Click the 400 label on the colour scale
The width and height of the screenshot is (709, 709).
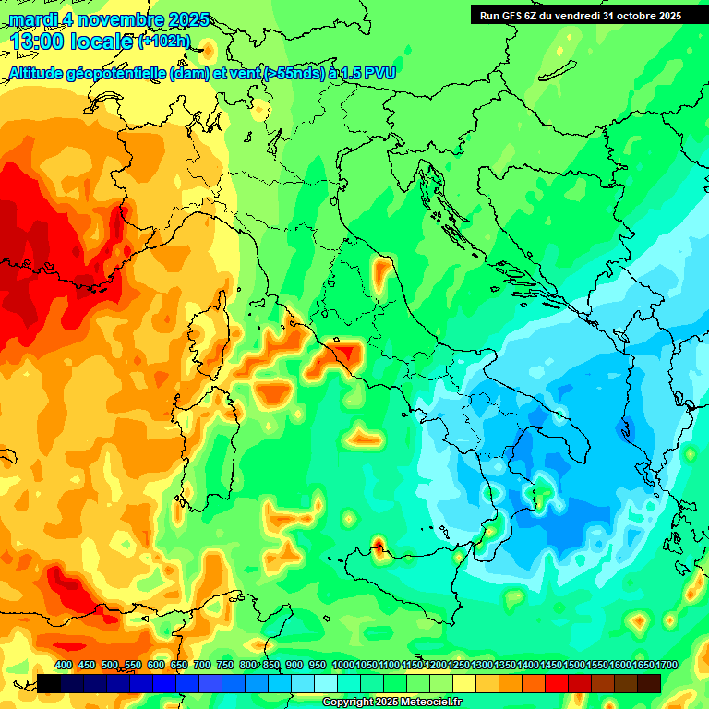point(64,665)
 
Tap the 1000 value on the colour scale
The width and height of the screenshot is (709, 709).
point(342,665)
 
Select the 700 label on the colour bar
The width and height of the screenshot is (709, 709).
point(202,665)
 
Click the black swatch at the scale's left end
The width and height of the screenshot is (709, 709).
point(49,683)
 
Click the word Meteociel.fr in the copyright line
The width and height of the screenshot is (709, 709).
point(430,703)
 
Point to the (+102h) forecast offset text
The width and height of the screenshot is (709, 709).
point(164,42)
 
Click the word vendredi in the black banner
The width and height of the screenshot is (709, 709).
point(572,15)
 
